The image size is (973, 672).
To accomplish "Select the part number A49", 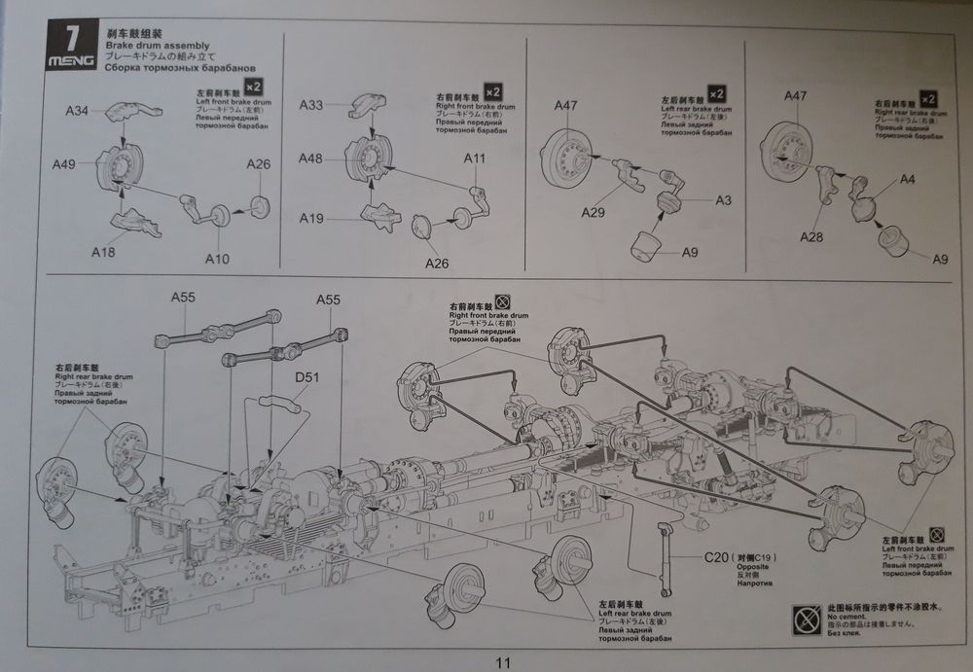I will point(64,164).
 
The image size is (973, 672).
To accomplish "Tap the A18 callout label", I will point(103,252).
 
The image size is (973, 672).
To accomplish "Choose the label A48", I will point(311,158).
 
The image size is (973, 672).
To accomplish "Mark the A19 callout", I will point(311,219).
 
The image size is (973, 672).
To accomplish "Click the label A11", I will point(475,159).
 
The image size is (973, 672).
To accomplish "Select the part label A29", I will point(595,212).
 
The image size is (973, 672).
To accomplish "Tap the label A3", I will point(723,200).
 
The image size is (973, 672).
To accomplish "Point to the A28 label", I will point(813,237).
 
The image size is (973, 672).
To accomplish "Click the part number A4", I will point(907,180).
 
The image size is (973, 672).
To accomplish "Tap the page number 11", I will point(503,662).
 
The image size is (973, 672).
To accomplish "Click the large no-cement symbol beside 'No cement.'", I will point(807,617).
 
